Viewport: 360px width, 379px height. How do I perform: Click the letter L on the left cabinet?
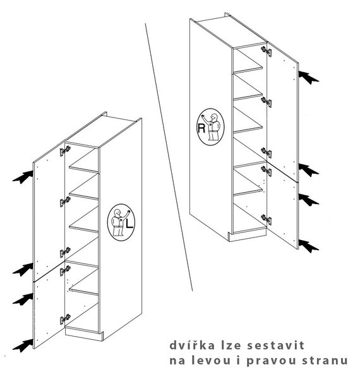[x=129, y=223]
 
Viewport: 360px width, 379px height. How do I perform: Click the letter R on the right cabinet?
[x=201, y=128]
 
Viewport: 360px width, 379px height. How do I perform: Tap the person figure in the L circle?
[x=119, y=222]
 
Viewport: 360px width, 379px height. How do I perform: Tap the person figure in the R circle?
[x=212, y=127]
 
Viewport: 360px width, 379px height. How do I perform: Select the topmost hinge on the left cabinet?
[x=65, y=151]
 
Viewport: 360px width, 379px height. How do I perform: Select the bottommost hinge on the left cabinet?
[x=65, y=320]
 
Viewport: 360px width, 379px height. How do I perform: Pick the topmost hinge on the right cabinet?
[x=267, y=51]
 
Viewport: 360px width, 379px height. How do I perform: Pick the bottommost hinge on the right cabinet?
[x=267, y=220]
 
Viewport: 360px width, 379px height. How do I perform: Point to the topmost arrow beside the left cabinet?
[x=23, y=177]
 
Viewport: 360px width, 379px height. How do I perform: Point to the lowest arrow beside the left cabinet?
[x=23, y=346]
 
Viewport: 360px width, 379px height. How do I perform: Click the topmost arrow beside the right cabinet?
[x=309, y=78]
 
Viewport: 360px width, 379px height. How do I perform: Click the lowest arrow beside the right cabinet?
[x=309, y=246]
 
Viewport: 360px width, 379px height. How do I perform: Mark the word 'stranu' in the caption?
[x=325, y=361]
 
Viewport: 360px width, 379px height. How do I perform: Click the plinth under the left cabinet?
[x=84, y=334]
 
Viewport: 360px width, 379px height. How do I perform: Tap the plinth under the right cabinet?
[x=247, y=236]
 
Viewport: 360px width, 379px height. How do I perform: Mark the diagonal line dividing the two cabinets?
[x=169, y=157]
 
